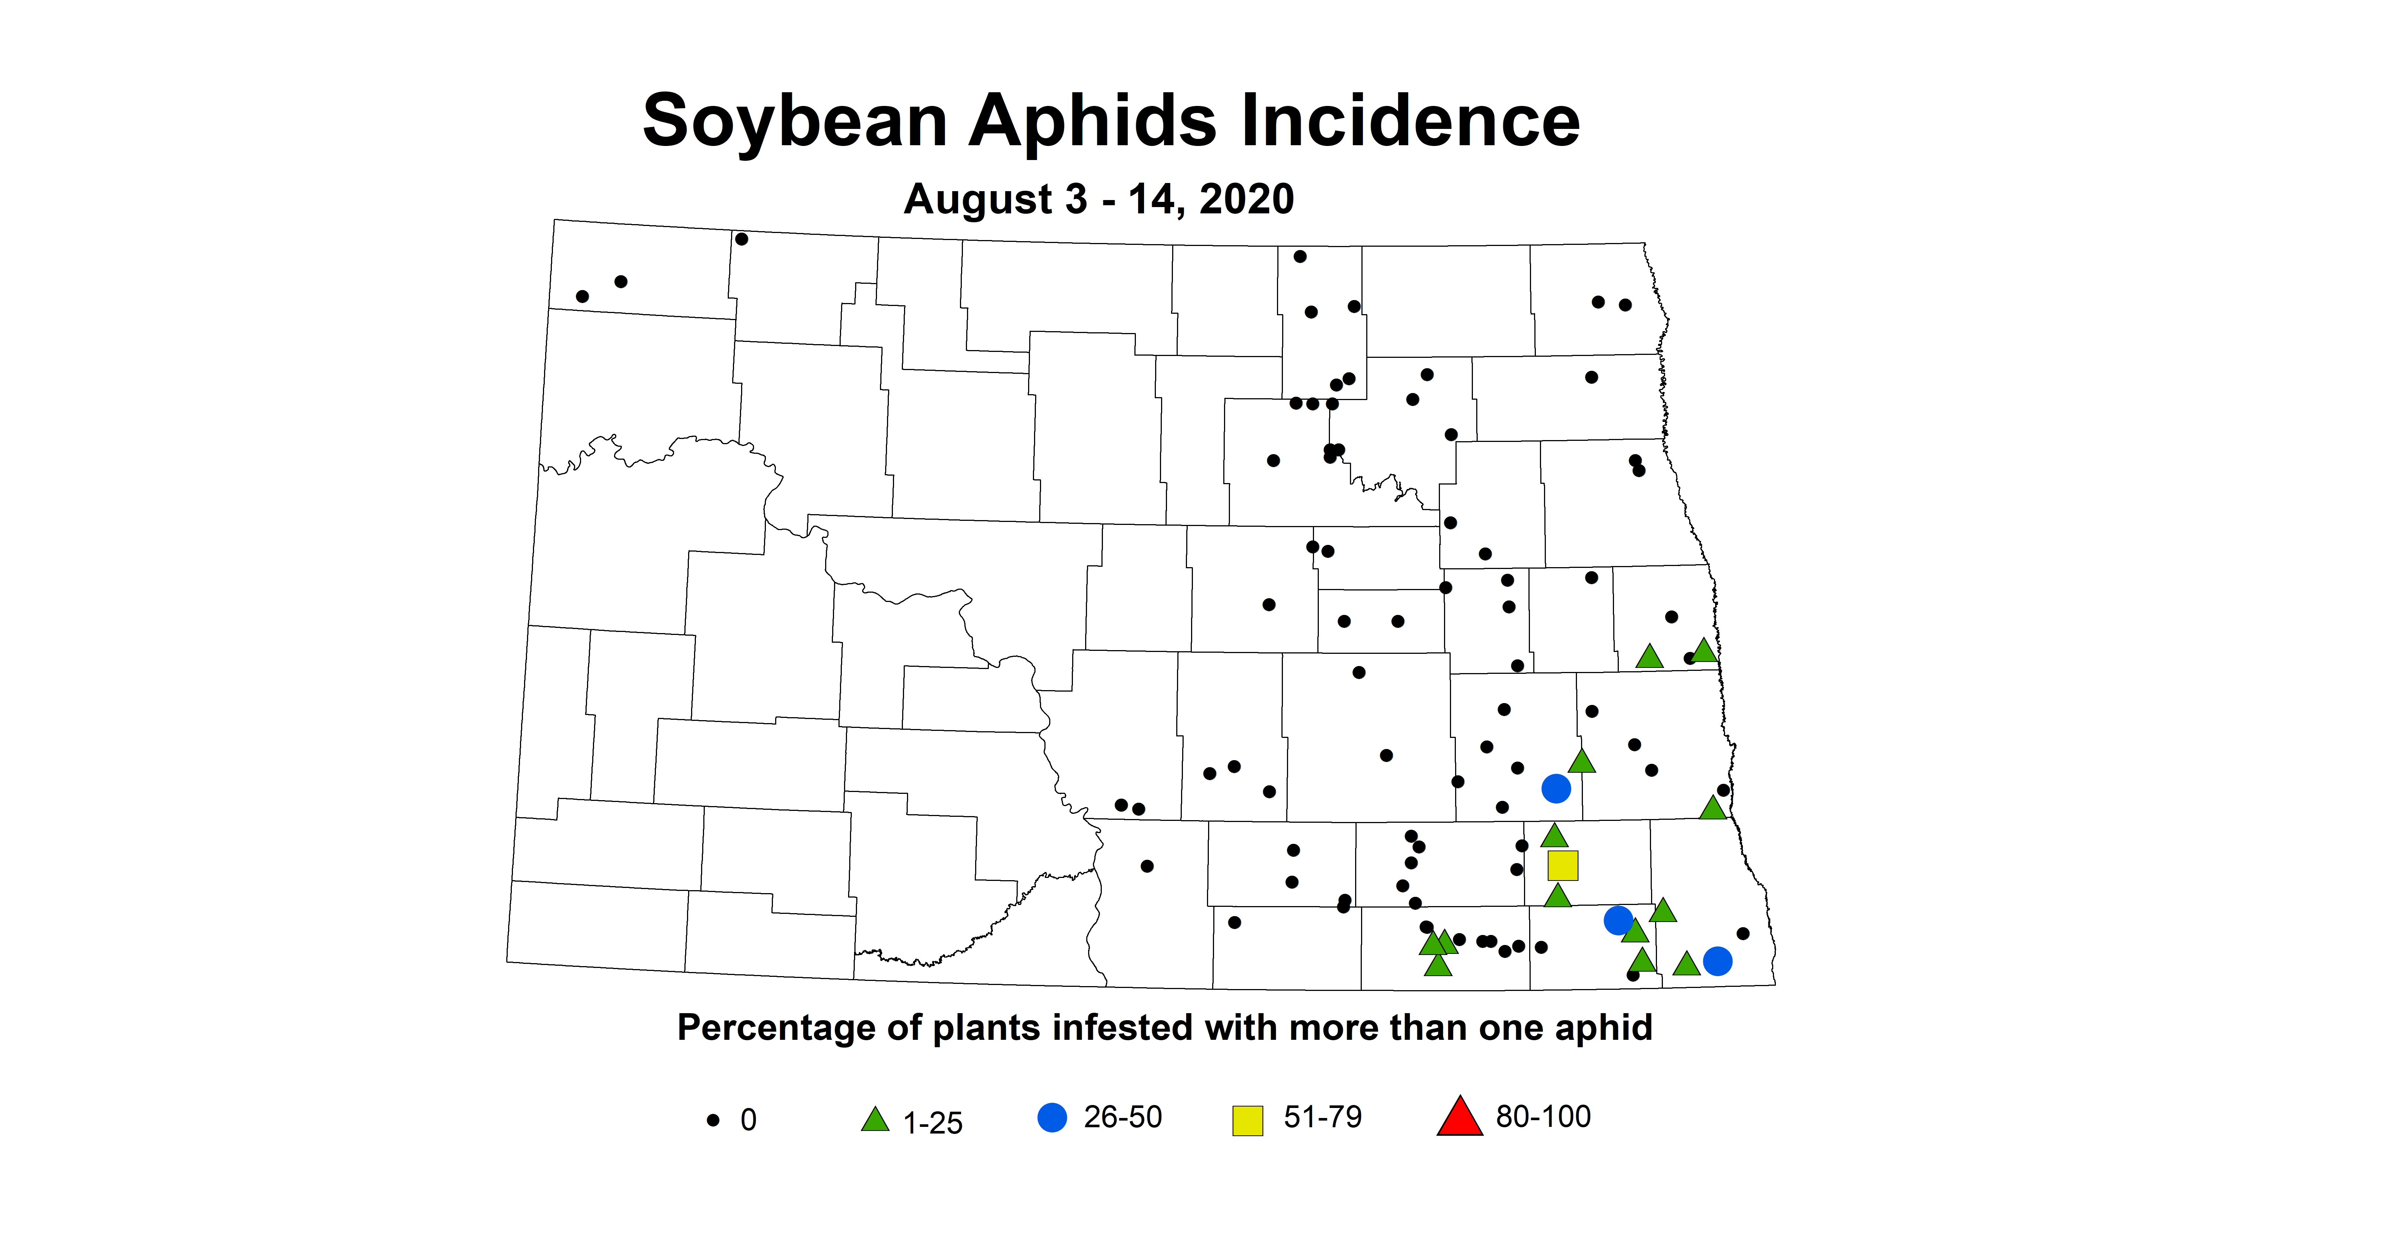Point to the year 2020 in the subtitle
click(1247, 199)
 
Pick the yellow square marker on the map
click(1562, 865)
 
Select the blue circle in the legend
click(1052, 1117)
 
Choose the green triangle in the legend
click(874, 1120)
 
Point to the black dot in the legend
click(713, 1120)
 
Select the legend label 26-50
click(1122, 1117)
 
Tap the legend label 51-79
click(1322, 1117)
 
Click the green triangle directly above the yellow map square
click(1554, 836)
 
